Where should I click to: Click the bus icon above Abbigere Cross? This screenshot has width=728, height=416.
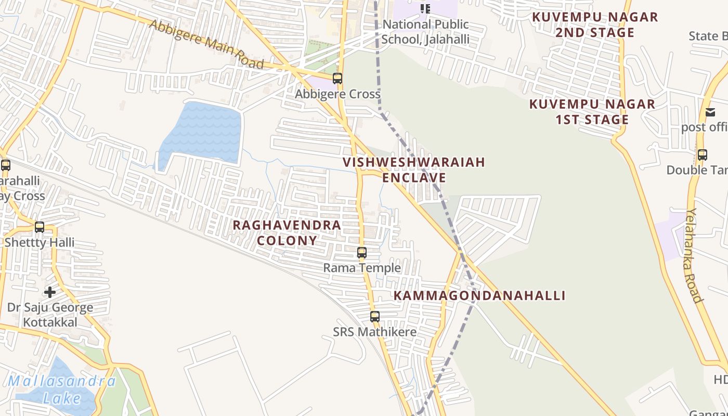(x=337, y=79)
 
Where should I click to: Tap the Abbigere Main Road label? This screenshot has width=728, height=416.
(x=206, y=44)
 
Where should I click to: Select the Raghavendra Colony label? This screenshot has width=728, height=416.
(x=287, y=232)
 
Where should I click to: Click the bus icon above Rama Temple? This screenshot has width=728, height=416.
(x=362, y=253)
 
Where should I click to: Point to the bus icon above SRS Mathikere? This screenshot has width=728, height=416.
(x=375, y=316)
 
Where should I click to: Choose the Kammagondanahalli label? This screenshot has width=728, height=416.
(x=479, y=296)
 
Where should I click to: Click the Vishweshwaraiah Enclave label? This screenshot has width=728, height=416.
(x=414, y=170)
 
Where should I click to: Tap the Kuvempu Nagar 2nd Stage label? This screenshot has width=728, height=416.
(x=595, y=25)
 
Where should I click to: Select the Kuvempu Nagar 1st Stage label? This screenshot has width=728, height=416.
(x=592, y=112)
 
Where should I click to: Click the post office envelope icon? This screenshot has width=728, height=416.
(x=710, y=112)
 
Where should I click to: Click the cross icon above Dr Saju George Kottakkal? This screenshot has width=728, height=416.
(x=50, y=292)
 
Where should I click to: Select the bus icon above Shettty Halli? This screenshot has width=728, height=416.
(x=40, y=227)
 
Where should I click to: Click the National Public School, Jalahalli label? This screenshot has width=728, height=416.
(x=425, y=32)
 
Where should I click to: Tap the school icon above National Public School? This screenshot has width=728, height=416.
(x=425, y=8)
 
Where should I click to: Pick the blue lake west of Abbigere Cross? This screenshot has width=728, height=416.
(x=202, y=132)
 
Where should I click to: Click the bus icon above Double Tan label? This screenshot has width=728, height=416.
(x=703, y=154)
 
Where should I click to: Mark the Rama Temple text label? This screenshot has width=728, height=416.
(x=362, y=268)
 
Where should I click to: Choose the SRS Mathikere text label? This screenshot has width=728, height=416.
(x=375, y=332)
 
